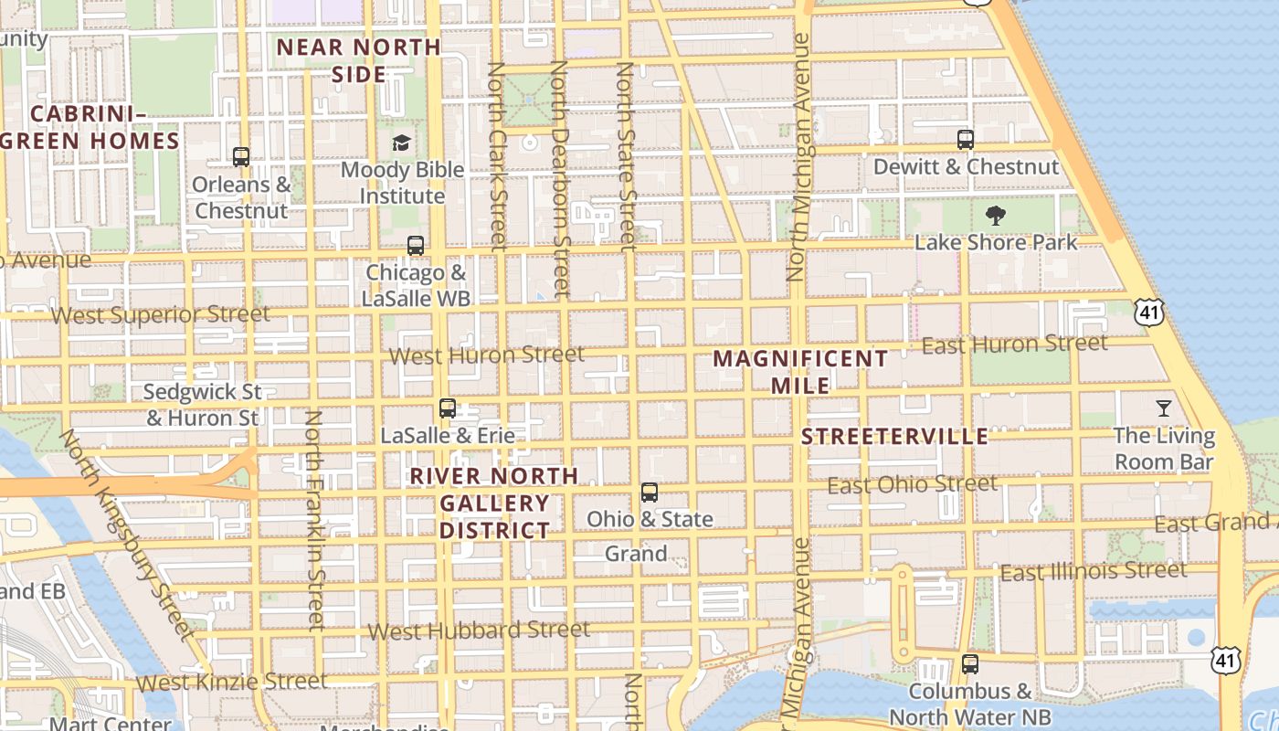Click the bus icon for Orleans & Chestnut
click(241, 157)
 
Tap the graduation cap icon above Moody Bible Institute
click(401, 143)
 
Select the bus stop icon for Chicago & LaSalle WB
click(416, 246)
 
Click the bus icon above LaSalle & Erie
click(448, 408)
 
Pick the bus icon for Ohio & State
click(650, 493)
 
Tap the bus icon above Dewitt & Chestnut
click(966, 140)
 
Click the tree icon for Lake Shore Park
click(996, 216)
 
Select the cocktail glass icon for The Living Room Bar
click(1164, 408)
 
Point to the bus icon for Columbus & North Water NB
click(970, 664)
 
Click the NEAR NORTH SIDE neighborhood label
click(359, 60)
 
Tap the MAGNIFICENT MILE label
click(799, 372)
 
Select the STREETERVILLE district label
click(894, 437)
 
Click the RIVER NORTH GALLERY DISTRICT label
click(494, 503)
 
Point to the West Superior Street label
click(161, 315)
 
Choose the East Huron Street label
click(1014, 344)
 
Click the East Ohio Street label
click(913, 484)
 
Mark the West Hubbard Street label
click(479, 630)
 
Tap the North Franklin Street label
click(315, 521)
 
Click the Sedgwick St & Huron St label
click(203, 405)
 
